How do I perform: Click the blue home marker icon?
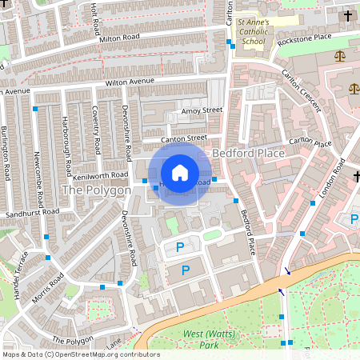pos(180,172)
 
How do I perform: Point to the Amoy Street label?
pos(202,110)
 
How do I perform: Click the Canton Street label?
pos(184,138)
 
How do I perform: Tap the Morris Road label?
pos(50,283)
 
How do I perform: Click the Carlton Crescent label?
pos(301,90)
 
